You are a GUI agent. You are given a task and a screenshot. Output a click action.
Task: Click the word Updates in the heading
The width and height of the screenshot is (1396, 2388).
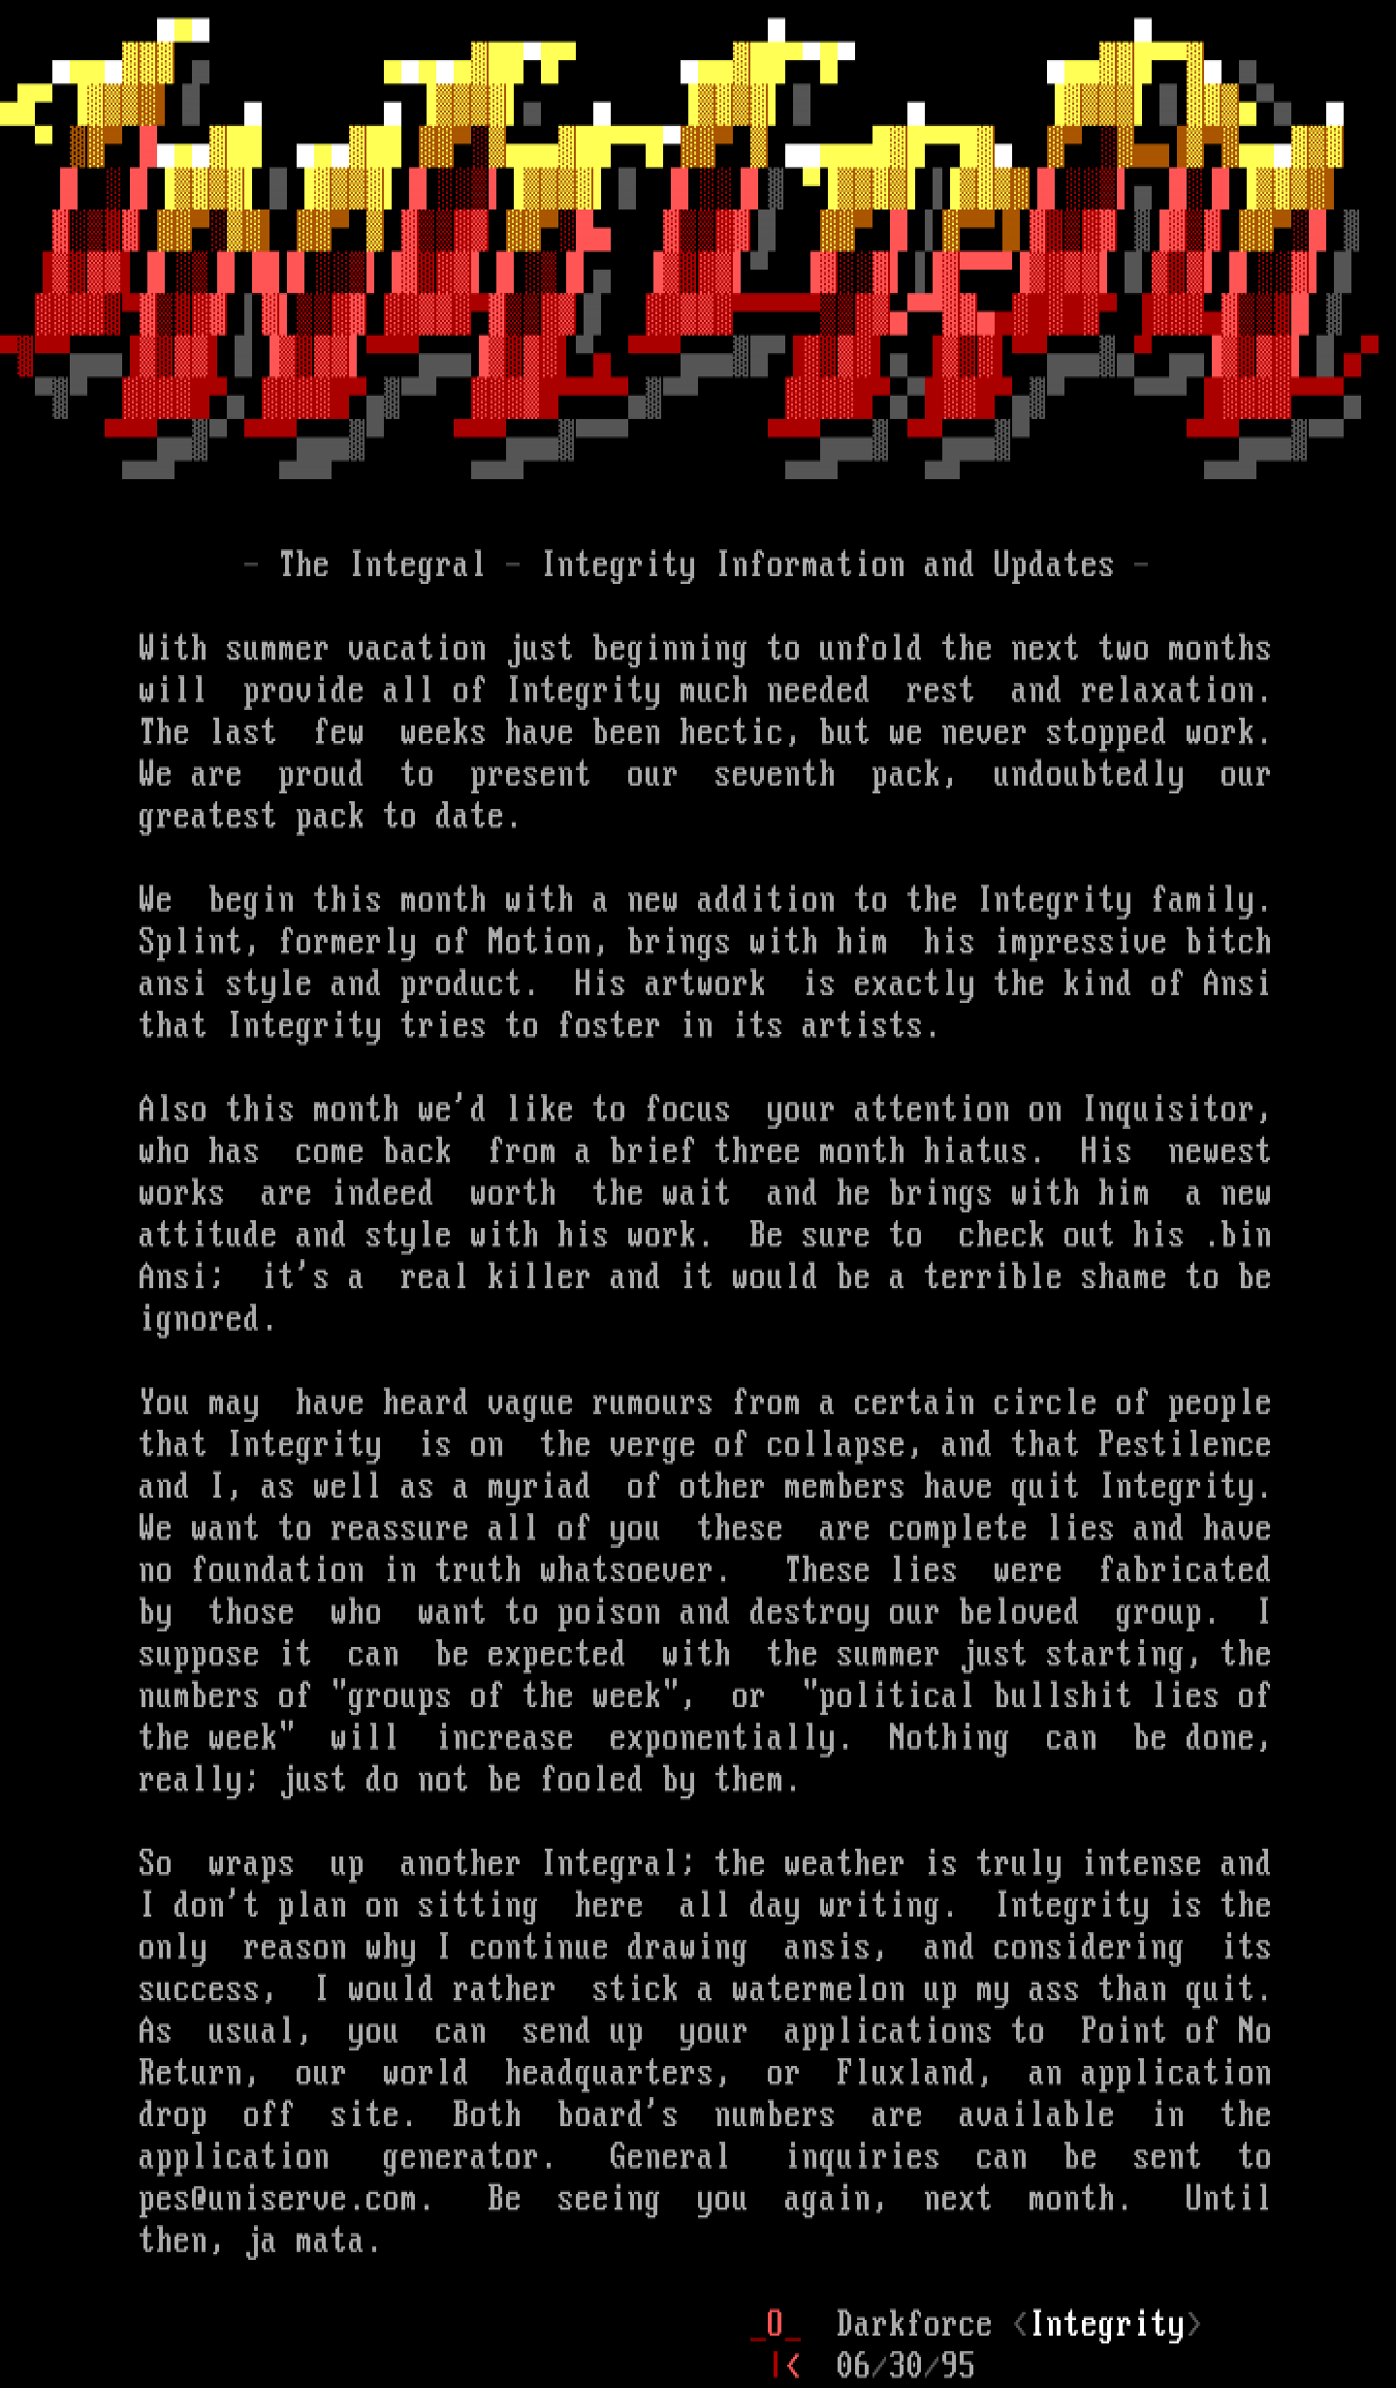click(1053, 565)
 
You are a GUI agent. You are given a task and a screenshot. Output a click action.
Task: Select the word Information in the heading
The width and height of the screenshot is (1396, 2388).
click(809, 565)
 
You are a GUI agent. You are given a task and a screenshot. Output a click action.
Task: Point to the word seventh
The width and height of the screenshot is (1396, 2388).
click(774, 774)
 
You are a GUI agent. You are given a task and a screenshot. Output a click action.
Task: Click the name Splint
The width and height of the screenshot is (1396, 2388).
click(190, 942)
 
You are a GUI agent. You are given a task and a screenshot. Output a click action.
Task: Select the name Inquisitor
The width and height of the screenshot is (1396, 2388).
click(1175, 1110)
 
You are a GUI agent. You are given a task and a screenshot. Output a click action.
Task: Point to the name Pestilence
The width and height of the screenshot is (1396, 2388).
click(1184, 1444)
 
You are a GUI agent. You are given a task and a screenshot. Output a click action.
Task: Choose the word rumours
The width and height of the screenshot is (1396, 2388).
click(651, 1403)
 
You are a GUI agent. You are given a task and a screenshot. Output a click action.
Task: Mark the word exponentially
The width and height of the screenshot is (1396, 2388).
click(730, 1737)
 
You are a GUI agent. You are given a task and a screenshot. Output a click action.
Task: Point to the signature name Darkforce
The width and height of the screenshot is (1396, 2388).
click(913, 2324)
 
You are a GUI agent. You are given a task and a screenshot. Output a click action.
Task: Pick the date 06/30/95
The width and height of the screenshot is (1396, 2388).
click(904, 2366)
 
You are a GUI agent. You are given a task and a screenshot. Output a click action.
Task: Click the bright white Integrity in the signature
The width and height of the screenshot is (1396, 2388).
click(1107, 2324)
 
